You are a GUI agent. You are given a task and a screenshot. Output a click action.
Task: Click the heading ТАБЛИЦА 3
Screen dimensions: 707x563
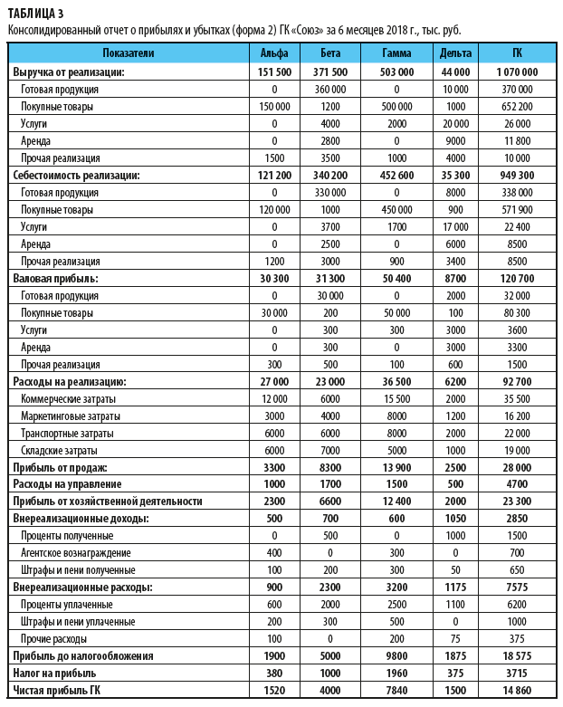(35, 12)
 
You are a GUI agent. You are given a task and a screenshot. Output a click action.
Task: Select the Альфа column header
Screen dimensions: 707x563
(273, 54)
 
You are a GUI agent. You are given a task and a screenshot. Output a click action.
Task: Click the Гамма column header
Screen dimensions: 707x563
(397, 54)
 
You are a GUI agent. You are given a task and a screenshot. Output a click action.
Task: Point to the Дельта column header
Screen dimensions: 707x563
(454, 54)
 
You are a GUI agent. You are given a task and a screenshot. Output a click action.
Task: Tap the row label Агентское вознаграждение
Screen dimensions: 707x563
(76, 552)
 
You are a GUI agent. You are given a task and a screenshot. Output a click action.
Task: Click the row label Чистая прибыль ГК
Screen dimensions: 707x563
(56, 690)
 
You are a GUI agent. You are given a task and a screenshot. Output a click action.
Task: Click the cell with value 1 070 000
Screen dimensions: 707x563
(517, 72)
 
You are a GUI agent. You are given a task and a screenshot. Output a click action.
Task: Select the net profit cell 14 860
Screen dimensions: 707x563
(517, 690)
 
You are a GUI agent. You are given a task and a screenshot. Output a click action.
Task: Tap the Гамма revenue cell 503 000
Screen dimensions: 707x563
(397, 72)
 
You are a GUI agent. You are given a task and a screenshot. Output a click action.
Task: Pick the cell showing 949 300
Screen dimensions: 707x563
(517, 175)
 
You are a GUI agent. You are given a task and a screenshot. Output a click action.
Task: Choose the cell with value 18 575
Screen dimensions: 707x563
(517, 655)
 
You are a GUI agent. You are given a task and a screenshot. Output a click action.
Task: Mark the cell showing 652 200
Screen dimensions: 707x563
(517, 106)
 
